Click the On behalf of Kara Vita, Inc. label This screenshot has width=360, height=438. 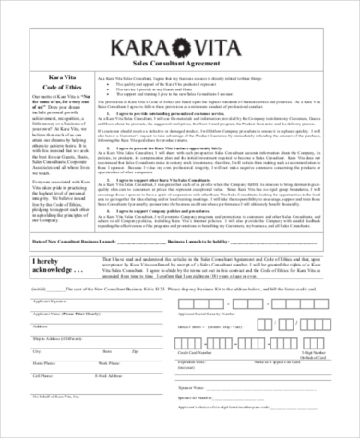(58, 396)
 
